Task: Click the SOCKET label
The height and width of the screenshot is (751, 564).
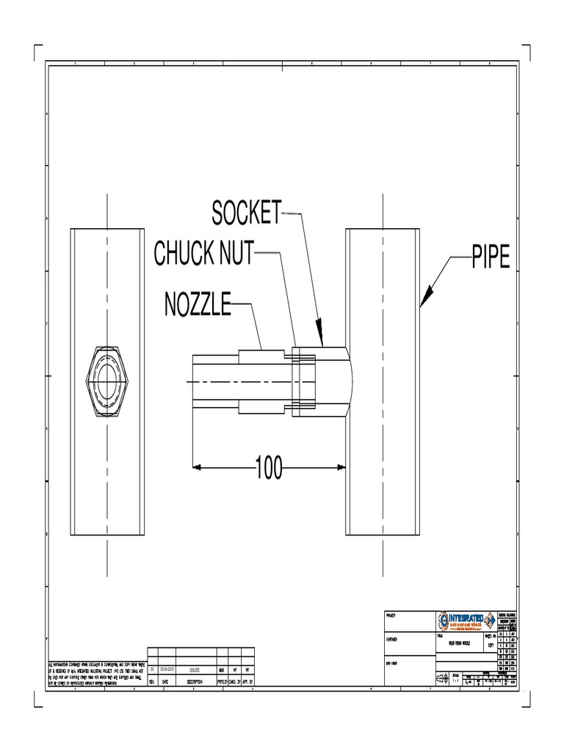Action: (246, 213)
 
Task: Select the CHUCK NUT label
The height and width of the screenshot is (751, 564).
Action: (203, 254)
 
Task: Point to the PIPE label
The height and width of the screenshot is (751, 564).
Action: (490, 259)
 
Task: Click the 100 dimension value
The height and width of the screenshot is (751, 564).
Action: (269, 467)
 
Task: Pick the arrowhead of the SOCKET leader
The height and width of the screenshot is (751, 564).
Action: (320, 340)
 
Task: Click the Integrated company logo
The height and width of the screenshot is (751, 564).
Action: (465, 621)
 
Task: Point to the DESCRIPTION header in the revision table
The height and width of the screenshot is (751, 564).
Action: (195, 681)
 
